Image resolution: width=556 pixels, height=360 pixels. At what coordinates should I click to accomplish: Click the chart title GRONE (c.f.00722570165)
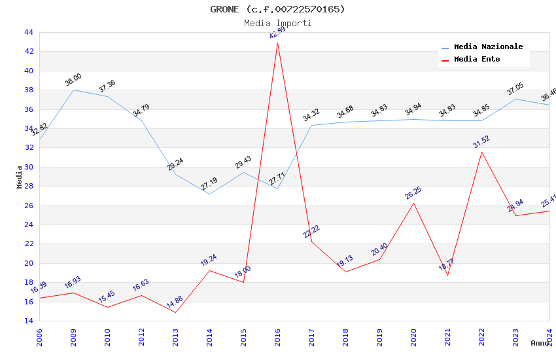(277, 9)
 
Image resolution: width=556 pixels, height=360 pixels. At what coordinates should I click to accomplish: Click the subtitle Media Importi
(277, 23)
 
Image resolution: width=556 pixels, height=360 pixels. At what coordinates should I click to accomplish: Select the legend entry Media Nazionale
(488, 47)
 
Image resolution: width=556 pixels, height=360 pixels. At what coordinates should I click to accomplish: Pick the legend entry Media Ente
(477, 60)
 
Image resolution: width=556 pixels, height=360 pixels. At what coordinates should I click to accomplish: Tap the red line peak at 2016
(277, 43)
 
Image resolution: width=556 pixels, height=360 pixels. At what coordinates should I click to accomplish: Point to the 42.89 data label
(277, 32)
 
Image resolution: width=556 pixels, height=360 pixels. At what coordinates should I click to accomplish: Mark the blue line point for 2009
(73, 90)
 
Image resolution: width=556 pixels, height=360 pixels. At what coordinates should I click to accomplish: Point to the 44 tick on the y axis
(28, 32)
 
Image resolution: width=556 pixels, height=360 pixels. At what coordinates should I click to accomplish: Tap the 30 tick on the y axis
(28, 167)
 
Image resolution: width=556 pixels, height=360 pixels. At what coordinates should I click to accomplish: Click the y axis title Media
(20, 177)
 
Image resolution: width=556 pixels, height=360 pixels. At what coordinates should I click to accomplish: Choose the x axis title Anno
(540, 343)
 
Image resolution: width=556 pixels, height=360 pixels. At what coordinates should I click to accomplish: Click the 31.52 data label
(481, 142)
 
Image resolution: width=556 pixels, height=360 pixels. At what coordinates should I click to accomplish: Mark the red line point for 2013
(175, 312)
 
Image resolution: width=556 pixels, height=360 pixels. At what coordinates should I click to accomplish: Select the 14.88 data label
(175, 302)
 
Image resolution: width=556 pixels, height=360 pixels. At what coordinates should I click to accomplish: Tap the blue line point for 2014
(209, 194)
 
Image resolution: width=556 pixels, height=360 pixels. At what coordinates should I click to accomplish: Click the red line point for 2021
(447, 275)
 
